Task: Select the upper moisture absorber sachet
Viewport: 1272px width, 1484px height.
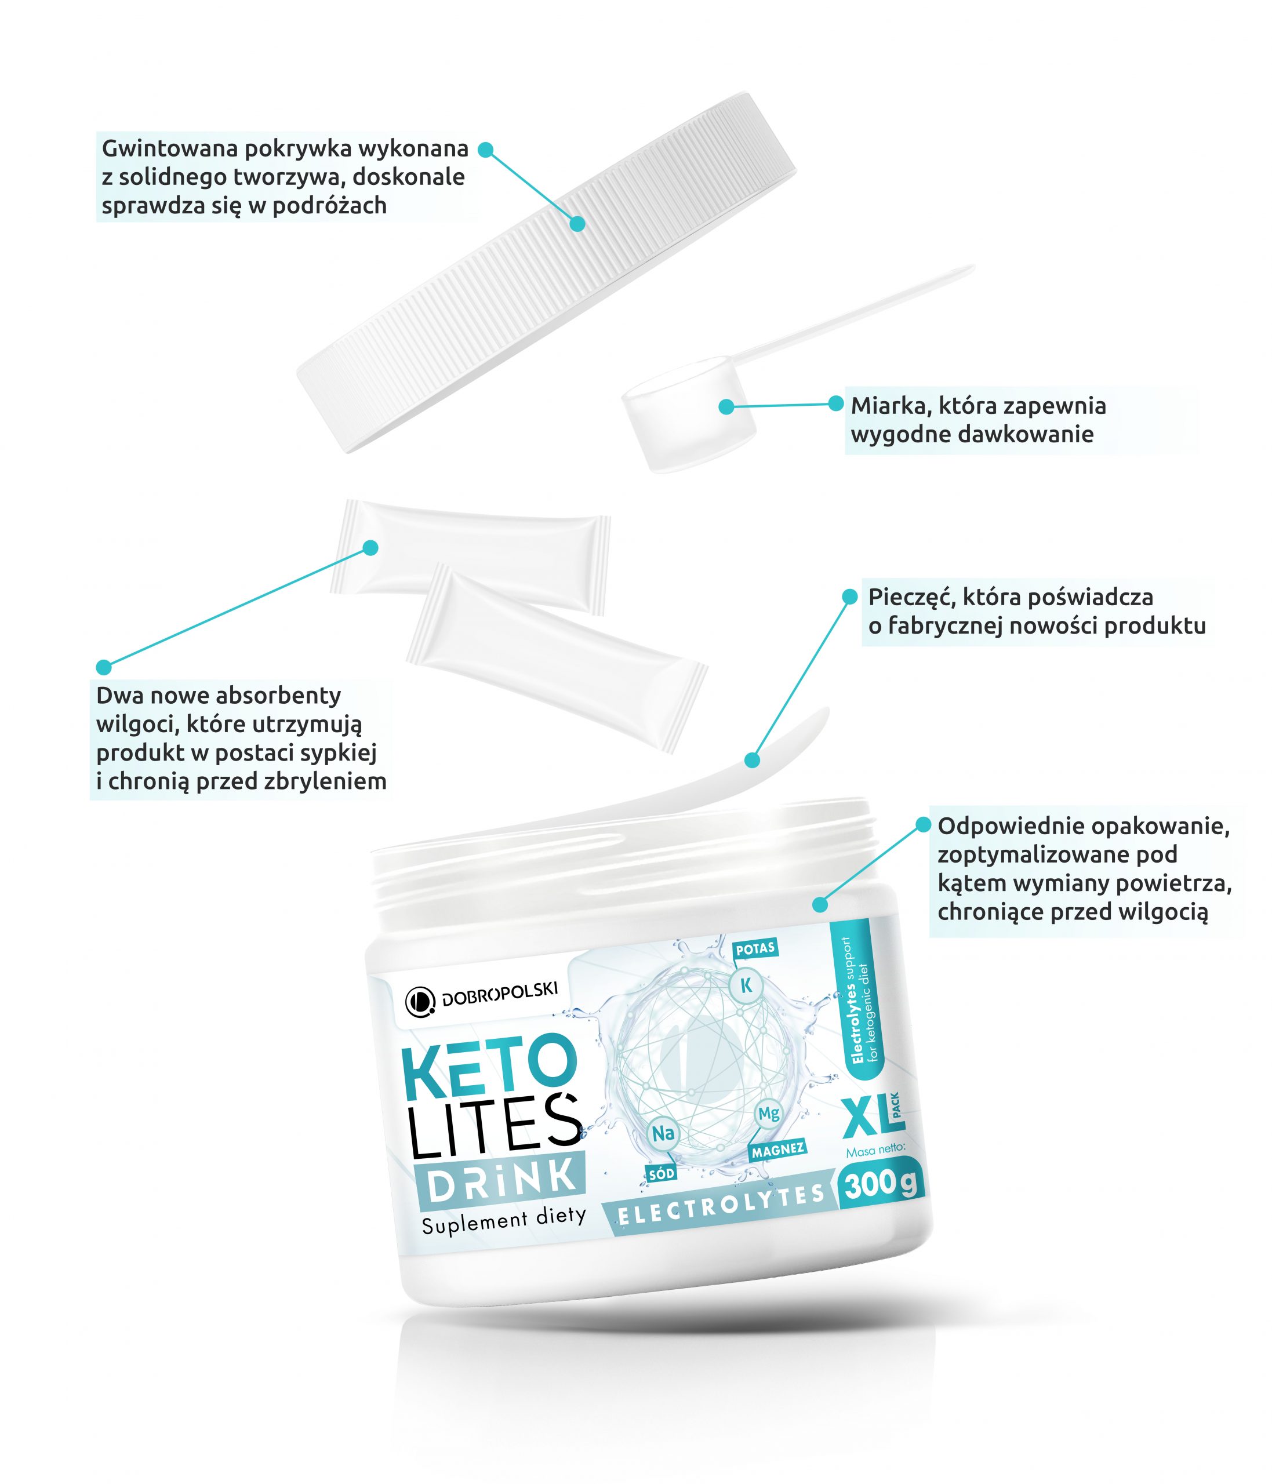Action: [x=471, y=556]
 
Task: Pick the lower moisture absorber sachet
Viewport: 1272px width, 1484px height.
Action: [x=557, y=657]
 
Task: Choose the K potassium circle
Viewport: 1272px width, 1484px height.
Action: [x=746, y=985]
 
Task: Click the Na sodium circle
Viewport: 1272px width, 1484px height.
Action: [x=663, y=1133]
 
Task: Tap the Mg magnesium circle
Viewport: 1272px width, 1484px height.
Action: [x=769, y=1113]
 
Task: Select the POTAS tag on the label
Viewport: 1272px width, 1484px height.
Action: [x=755, y=948]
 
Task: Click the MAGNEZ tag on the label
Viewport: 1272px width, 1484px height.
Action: [x=778, y=1150]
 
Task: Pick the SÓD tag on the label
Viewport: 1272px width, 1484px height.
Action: [x=661, y=1174]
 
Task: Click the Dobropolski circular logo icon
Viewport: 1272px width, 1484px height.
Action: [x=420, y=1002]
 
